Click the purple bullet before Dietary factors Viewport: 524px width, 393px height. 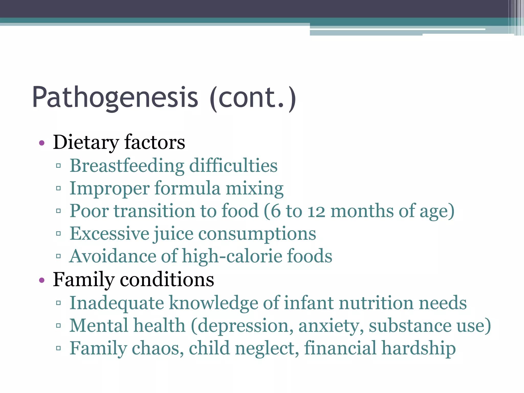[42, 143]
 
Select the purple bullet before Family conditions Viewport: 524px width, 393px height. [42, 280]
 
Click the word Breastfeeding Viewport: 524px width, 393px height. [127, 166]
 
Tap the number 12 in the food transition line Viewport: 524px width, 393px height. [316, 211]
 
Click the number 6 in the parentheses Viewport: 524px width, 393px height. [276, 211]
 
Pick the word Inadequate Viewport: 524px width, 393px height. [117, 303]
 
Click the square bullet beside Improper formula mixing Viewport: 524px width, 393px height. [58, 189]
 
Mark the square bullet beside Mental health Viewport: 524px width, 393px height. [58, 326]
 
